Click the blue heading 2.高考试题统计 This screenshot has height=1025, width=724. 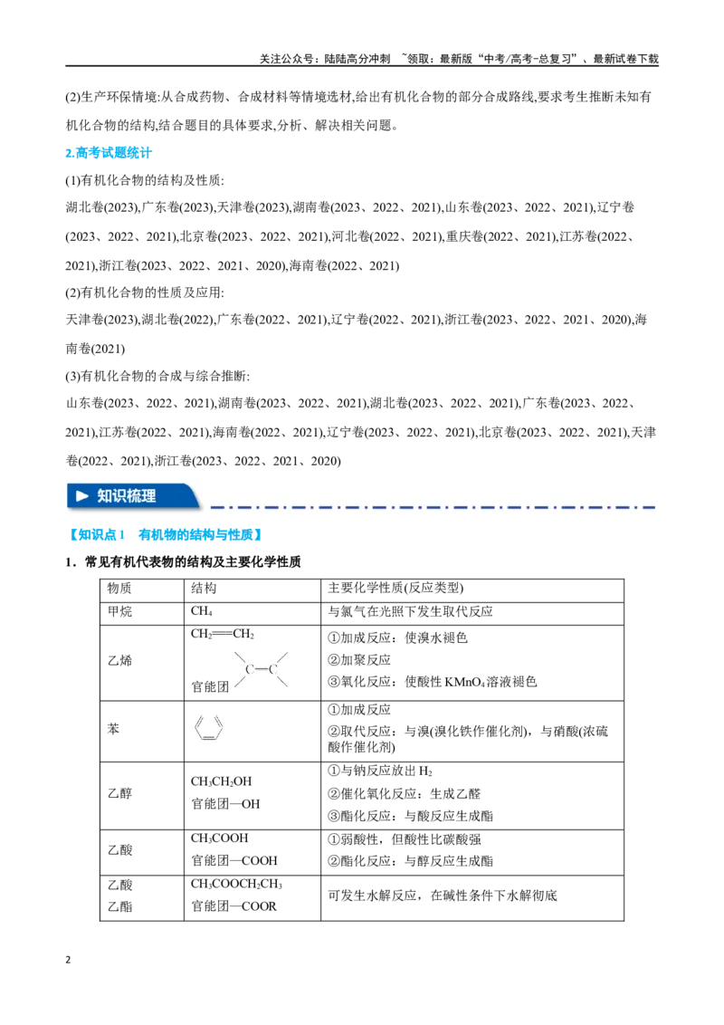109,153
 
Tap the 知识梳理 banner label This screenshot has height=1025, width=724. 127,496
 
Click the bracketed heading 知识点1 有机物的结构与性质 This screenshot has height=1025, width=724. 166,535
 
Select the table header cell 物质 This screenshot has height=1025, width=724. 119,589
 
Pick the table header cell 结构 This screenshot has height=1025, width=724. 204,589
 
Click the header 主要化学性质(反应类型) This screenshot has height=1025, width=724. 395,589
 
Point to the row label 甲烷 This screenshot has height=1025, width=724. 119,612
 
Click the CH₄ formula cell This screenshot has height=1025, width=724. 201,612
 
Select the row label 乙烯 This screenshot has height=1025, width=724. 119,661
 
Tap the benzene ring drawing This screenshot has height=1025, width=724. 209,728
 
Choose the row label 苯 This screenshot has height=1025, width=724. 114,729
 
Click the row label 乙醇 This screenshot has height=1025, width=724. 119,793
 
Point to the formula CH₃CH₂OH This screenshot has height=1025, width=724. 222,781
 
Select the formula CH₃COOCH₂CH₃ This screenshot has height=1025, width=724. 236,885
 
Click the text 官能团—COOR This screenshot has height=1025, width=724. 233,906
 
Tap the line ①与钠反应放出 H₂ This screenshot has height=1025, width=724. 379,771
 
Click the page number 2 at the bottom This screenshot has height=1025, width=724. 68,961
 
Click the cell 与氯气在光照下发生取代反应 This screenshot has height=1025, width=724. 410,612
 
